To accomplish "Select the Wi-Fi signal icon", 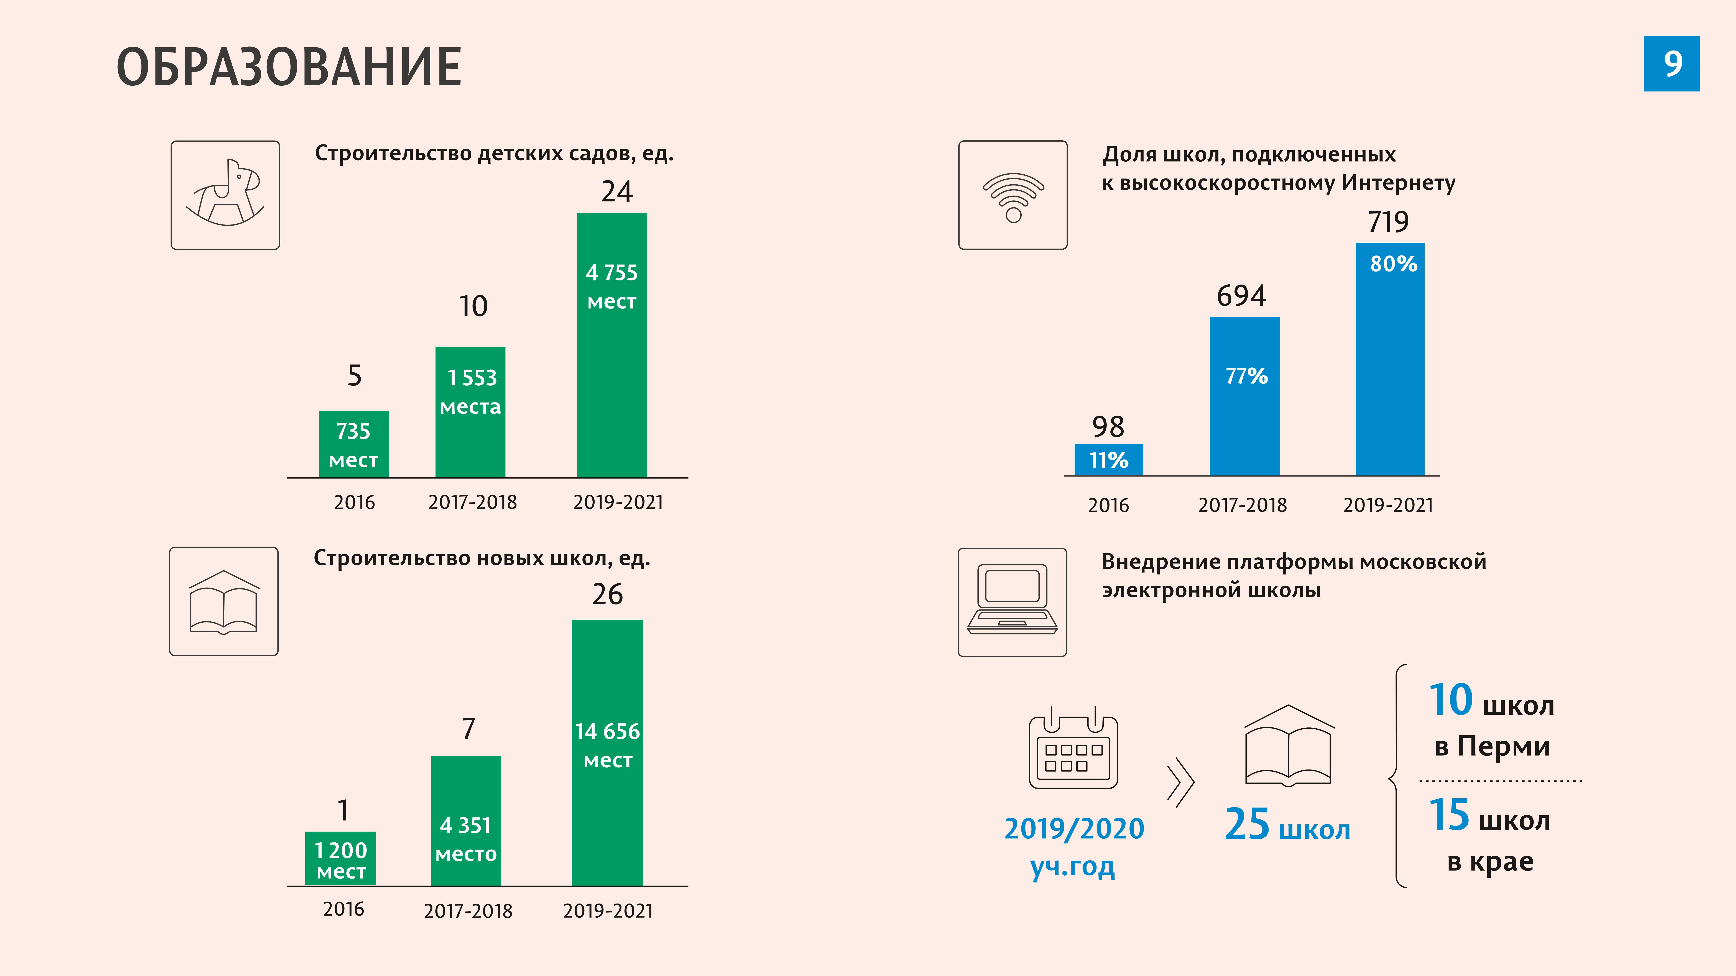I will point(1013,195).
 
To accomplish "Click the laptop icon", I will point(1012,601).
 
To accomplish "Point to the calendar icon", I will point(1073,749).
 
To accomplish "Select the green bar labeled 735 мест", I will point(354,445).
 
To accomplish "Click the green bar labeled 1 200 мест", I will point(340,859).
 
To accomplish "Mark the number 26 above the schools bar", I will point(607,594).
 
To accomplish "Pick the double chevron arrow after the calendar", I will point(1181,783).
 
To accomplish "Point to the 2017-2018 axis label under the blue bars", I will point(1242,505).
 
